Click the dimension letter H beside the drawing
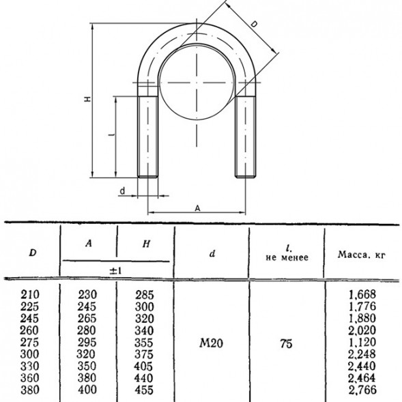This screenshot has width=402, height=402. pyautogui.click(x=88, y=99)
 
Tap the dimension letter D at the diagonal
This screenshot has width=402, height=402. pyautogui.click(x=254, y=25)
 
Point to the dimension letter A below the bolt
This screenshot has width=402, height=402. pyautogui.click(x=197, y=208)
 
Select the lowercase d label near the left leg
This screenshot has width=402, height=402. pyautogui.click(x=123, y=191)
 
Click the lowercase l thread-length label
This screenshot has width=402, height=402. pyautogui.click(x=111, y=134)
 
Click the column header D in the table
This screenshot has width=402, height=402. pyautogui.click(x=33, y=253)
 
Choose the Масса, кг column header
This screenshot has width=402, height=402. pyautogui.click(x=362, y=255)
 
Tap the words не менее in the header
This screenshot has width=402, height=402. pyautogui.click(x=287, y=258)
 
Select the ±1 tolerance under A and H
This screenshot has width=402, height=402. pyautogui.click(x=115, y=271)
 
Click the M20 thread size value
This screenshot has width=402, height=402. pyautogui.click(x=212, y=343)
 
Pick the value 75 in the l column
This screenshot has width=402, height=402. pyautogui.click(x=286, y=343)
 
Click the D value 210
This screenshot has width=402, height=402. pyautogui.click(x=30, y=294)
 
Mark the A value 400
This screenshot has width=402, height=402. pyautogui.click(x=87, y=390)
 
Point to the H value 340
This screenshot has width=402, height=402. pyautogui.click(x=144, y=330)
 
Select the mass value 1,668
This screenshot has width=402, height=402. pyautogui.click(x=362, y=294)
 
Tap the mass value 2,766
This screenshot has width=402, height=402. pyautogui.click(x=362, y=390)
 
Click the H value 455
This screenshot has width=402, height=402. pyautogui.click(x=144, y=390)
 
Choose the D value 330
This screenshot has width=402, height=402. pyautogui.click(x=30, y=366)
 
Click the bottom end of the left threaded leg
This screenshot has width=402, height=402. pyautogui.click(x=147, y=177)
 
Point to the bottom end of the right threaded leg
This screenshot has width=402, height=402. pyautogui.click(x=245, y=177)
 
